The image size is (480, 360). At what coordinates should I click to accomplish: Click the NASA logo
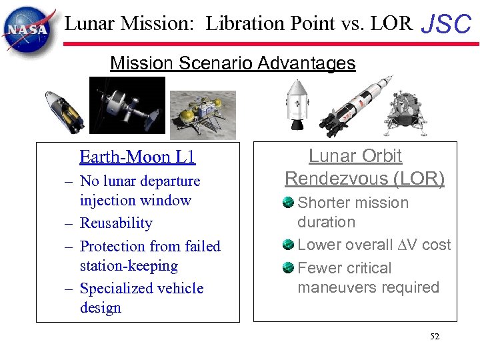(27, 28)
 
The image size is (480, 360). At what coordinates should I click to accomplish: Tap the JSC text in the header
(447, 25)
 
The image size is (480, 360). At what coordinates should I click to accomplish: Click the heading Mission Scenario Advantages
(233, 63)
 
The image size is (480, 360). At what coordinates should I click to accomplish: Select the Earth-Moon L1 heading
(137, 157)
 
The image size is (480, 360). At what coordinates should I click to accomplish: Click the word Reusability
(116, 223)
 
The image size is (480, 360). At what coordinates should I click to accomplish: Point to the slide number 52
(435, 337)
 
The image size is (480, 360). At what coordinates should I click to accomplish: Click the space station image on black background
(127, 105)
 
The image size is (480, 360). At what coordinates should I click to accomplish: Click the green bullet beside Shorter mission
(289, 202)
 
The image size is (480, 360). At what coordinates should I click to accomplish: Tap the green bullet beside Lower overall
(289, 245)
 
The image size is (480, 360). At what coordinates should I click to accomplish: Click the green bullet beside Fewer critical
(289, 267)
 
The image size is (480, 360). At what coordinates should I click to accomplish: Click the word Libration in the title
(237, 24)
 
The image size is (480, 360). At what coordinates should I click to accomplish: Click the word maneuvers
(339, 287)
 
